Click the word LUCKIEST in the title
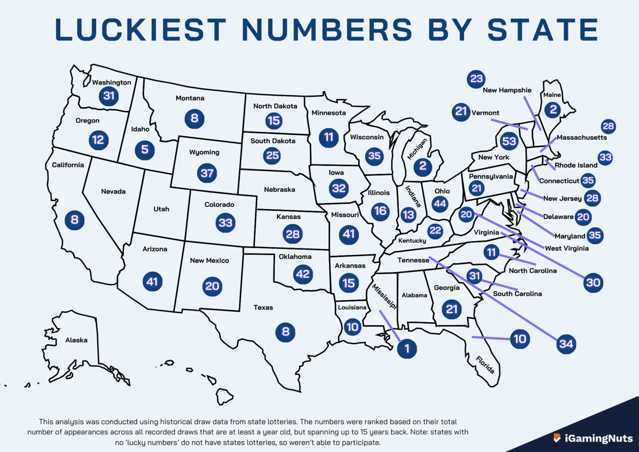(140, 30)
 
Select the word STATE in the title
(542, 30)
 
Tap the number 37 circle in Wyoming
(207, 173)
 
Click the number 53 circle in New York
(509, 142)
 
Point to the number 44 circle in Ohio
(440, 204)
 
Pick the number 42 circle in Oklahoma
(302, 274)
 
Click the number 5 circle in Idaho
(145, 149)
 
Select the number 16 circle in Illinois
(380, 211)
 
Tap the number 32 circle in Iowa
(339, 189)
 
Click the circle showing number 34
(566, 344)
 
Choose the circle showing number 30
(593, 283)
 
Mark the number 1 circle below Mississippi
(407, 349)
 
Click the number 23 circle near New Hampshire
(476, 79)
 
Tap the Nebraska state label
(279, 190)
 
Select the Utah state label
(161, 209)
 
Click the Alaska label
(76, 340)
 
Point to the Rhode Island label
(576, 165)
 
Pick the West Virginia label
(567, 248)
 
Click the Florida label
(485, 365)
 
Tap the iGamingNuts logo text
(598, 438)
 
